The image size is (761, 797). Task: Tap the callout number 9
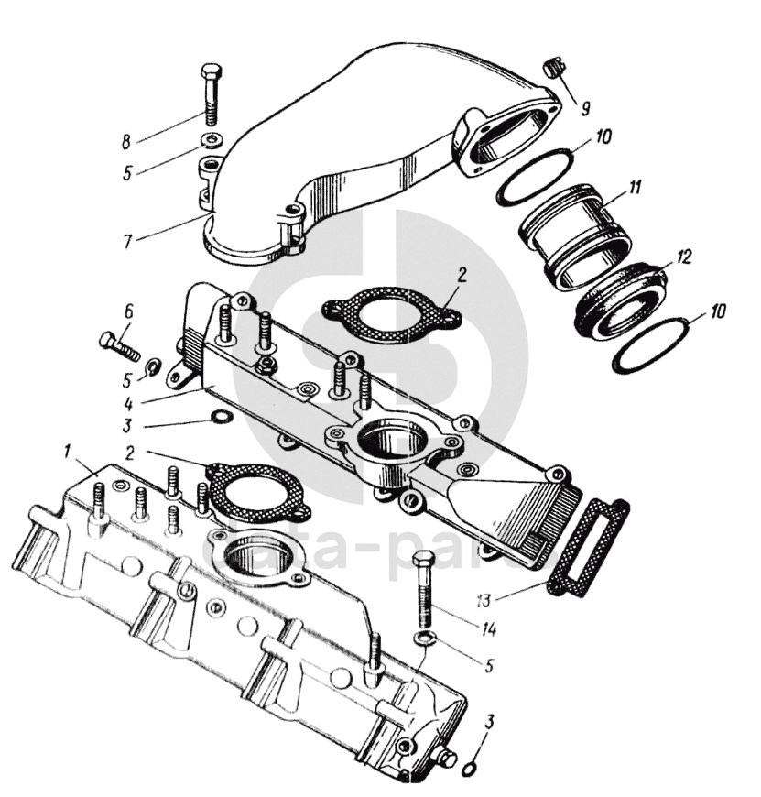click(584, 106)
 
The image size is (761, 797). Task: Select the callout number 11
click(635, 188)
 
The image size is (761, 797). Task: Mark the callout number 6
click(129, 311)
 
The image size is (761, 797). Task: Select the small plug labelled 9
click(551, 68)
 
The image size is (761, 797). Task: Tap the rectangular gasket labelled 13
click(586, 548)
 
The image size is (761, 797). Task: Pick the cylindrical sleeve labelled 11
click(574, 234)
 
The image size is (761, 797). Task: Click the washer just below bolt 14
click(424, 638)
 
